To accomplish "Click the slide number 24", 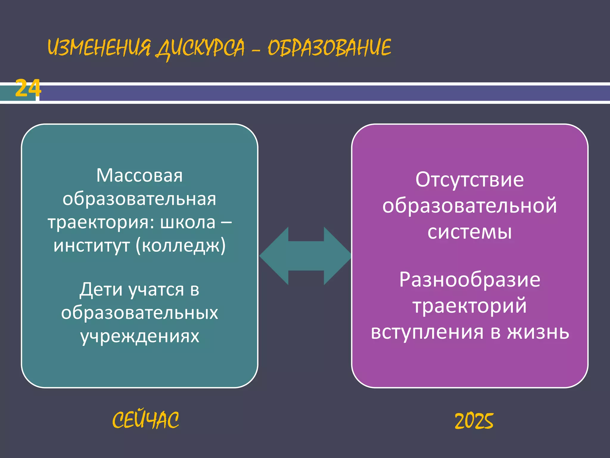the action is tap(28, 88).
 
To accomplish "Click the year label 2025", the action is tap(474, 421).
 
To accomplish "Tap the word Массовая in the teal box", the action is tap(139, 175).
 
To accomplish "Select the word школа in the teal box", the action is tap(188, 222).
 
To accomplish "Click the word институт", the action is tap(92, 246).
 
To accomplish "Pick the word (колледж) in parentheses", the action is tap(181, 246).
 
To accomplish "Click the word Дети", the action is tap(101, 290).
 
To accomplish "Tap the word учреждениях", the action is tap(140, 336).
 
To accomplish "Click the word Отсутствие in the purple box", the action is tap(470, 180).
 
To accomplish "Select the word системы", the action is tap(470, 232).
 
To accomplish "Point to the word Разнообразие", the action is tap(470, 280).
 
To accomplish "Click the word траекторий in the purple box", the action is tap(470, 306).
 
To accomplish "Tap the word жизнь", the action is tap(538, 332).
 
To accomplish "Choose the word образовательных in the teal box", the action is tap(140, 313).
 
